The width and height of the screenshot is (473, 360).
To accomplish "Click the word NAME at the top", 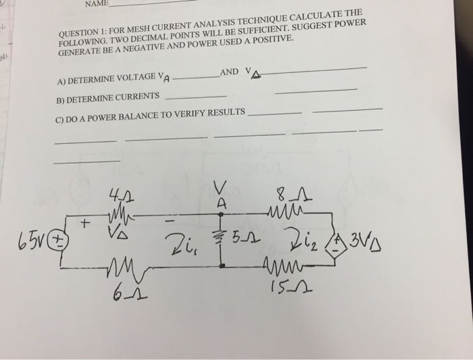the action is click(x=96, y=4).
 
